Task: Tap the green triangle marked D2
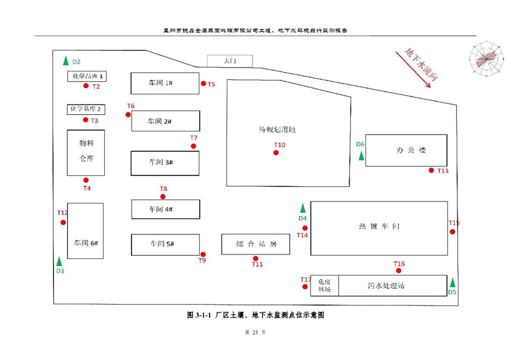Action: click(x=65, y=61)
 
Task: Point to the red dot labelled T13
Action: click(x=431, y=170)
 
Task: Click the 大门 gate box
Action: click(x=230, y=61)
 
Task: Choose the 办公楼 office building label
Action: click(x=410, y=151)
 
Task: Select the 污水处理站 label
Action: click(x=386, y=286)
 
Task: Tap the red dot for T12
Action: click(x=63, y=222)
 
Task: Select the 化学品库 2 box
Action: click(x=86, y=109)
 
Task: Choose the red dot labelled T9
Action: click(x=203, y=254)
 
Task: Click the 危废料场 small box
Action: click(x=324, y=285)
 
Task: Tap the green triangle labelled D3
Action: click(x=59, y=262)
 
